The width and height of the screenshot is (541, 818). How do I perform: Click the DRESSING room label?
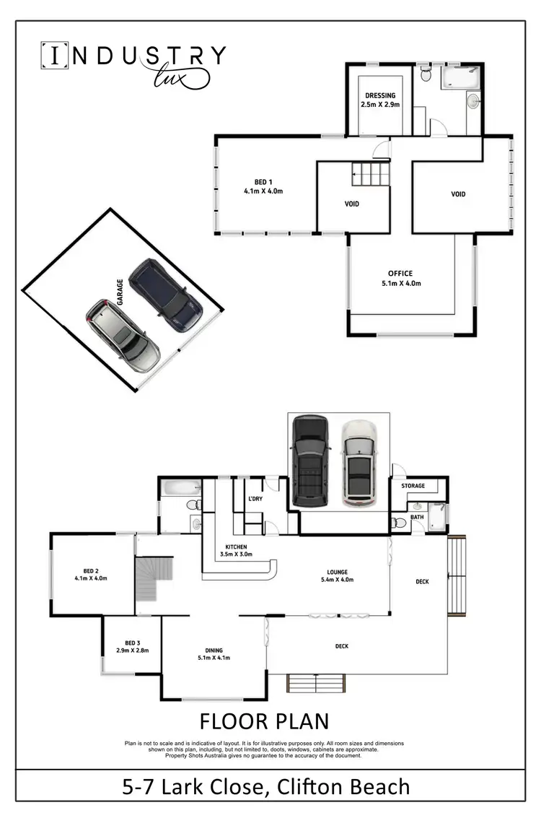coord(380,95)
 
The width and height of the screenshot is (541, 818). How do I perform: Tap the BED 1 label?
coord(263,181)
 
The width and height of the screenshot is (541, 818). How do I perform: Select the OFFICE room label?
coord(400,274)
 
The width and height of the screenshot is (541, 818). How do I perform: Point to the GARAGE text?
coord(120,295)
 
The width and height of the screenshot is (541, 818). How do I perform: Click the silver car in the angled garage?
coord(123,336)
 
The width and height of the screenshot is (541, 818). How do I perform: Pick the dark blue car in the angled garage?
coord(165,295)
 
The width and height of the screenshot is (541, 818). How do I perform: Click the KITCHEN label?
coord(236,547)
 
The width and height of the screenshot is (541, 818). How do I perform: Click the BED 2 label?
coord(90,570)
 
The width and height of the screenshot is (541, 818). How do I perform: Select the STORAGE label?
coord(413,486)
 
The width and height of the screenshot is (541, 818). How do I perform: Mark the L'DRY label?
coord(255,500)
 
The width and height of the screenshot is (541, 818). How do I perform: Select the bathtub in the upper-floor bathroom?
coord(459,76)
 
